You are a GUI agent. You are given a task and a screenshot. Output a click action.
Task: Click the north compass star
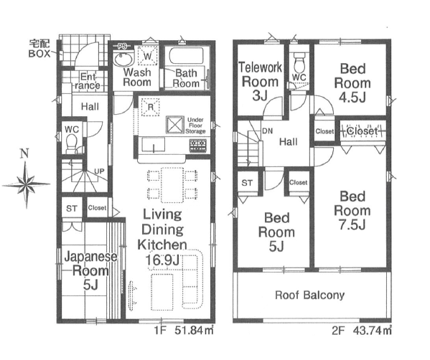click(x=27, y=184)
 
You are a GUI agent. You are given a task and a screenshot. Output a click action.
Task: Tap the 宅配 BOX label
click(x=39, y=49)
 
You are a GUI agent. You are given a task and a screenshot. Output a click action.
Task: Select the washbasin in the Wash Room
click(x=123, y=59)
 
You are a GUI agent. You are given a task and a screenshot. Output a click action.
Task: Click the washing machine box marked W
click(x=148, y=56)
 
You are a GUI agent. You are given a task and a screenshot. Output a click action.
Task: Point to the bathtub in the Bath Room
click(x=187, y=56)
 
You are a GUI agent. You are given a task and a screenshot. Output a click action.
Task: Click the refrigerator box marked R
click(x=150, y=107)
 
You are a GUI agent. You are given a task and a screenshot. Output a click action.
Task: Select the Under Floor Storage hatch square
click(x=174, y=125)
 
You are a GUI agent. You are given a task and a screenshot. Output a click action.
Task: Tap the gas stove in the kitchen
click(x=198, y=145)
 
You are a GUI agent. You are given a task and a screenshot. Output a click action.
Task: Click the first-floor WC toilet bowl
click(x=73, y=143)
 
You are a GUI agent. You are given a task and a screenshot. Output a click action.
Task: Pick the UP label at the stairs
click(x=99, y=171)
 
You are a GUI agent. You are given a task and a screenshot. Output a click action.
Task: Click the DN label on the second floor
click(x=267, y=131)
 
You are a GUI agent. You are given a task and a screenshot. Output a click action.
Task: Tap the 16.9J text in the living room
click(x=162, y=260)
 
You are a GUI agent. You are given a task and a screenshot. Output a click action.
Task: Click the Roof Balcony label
click(x=309, y=295)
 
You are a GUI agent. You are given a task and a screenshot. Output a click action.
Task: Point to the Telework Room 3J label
click(x=260, y=81)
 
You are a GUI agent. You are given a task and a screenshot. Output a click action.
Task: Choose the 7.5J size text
click(x=352, y=224)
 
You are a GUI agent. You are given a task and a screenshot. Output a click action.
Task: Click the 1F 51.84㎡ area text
click(x=184, y=331)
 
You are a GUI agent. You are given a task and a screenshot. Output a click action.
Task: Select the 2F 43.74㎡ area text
click(x=362, y=331)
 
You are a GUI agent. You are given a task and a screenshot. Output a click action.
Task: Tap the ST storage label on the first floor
click(x=72, y=209)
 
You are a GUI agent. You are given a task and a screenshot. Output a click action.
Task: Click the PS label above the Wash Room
click(x=122, y=47)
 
